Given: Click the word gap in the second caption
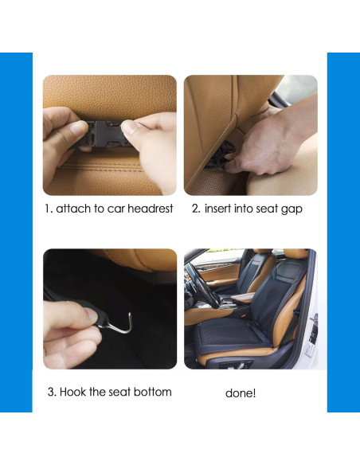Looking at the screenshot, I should [292, 211].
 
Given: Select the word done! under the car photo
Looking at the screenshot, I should [241, 393].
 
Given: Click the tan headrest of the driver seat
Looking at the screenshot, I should [295, 256].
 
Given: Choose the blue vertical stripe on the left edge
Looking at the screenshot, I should [16, 231].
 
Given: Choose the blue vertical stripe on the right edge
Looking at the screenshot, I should [343, 231].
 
